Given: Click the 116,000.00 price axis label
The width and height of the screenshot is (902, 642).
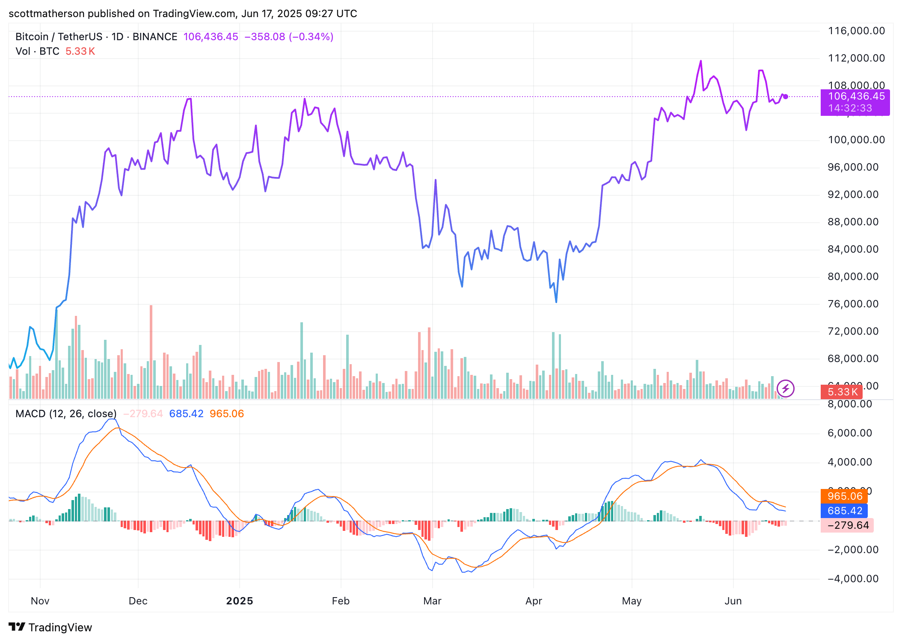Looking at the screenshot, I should tap(856, 31).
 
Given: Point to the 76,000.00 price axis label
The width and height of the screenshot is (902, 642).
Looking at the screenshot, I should tap(853, 304).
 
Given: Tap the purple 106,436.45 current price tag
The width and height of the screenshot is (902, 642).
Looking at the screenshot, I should tap(856, 97).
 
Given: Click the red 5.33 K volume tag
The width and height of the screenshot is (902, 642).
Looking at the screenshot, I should tap(842, 392).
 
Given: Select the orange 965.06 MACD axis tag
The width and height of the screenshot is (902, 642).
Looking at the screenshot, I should tap(844, 496).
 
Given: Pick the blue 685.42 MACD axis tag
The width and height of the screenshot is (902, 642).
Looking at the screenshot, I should tap(844, 511).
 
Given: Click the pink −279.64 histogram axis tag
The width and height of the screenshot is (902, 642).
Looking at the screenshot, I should tap(847, 525).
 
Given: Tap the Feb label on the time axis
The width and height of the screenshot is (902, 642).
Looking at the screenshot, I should tap(341, 601).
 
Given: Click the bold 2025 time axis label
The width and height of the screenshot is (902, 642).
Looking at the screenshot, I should tap(240, 601).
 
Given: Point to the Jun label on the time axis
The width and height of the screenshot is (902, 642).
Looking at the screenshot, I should tap(733, 601).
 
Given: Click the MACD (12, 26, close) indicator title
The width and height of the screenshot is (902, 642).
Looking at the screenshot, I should tap(66, 414).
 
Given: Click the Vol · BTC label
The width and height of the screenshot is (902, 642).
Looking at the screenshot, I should tap(37, 51).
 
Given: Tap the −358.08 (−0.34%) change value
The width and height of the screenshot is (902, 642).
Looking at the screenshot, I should tap(289, 37).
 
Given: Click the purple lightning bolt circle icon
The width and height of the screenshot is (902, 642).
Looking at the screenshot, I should tap(786, 389).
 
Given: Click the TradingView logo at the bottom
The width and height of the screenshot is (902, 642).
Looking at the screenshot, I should tap(50, 627).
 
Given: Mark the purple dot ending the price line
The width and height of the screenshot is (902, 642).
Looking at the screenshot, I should tap(786, 97).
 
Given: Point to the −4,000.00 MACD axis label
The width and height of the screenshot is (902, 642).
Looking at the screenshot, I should tap(853, 579).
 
